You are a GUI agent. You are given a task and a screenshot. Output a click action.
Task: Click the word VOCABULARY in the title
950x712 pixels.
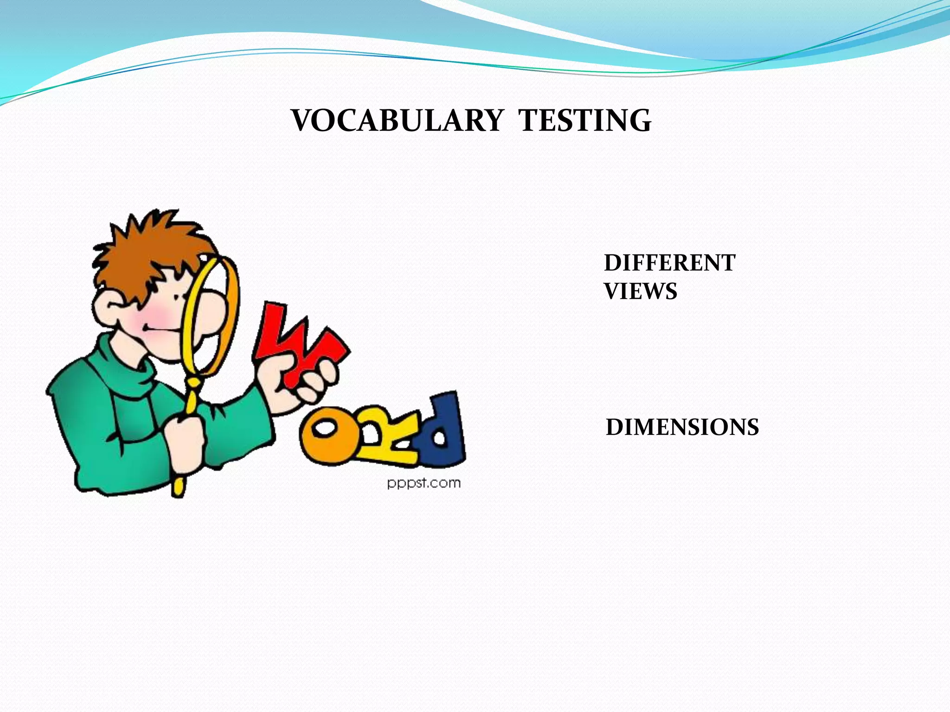coord(397,121)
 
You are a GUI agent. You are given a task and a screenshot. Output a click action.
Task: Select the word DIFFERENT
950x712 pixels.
coord(669,263)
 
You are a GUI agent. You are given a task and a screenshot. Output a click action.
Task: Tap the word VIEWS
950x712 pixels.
coord(641,291)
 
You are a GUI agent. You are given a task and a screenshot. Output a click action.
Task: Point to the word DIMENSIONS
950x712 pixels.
coord(682,427)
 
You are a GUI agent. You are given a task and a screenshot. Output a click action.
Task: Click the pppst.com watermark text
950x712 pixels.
coord(424,483)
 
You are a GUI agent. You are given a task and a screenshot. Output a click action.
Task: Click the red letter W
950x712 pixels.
coord(297,343)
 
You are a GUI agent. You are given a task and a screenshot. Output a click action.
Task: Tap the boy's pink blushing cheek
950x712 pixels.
coord(153,315)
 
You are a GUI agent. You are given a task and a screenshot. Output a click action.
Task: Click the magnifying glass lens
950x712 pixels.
coord(211,315)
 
